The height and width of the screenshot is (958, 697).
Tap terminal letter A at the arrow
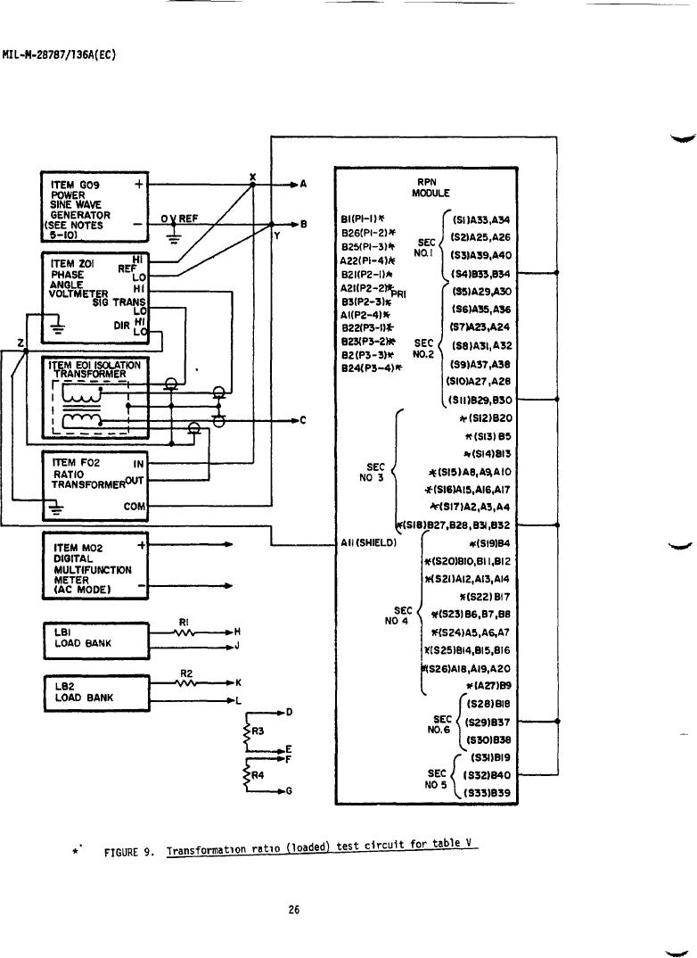click(x=305, y=185)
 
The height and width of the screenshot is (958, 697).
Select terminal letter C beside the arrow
click(x=305, y=419)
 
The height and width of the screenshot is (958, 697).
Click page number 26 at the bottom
click(x=296, y=910)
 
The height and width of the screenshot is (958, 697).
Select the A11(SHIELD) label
click(x=368, y=541)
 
